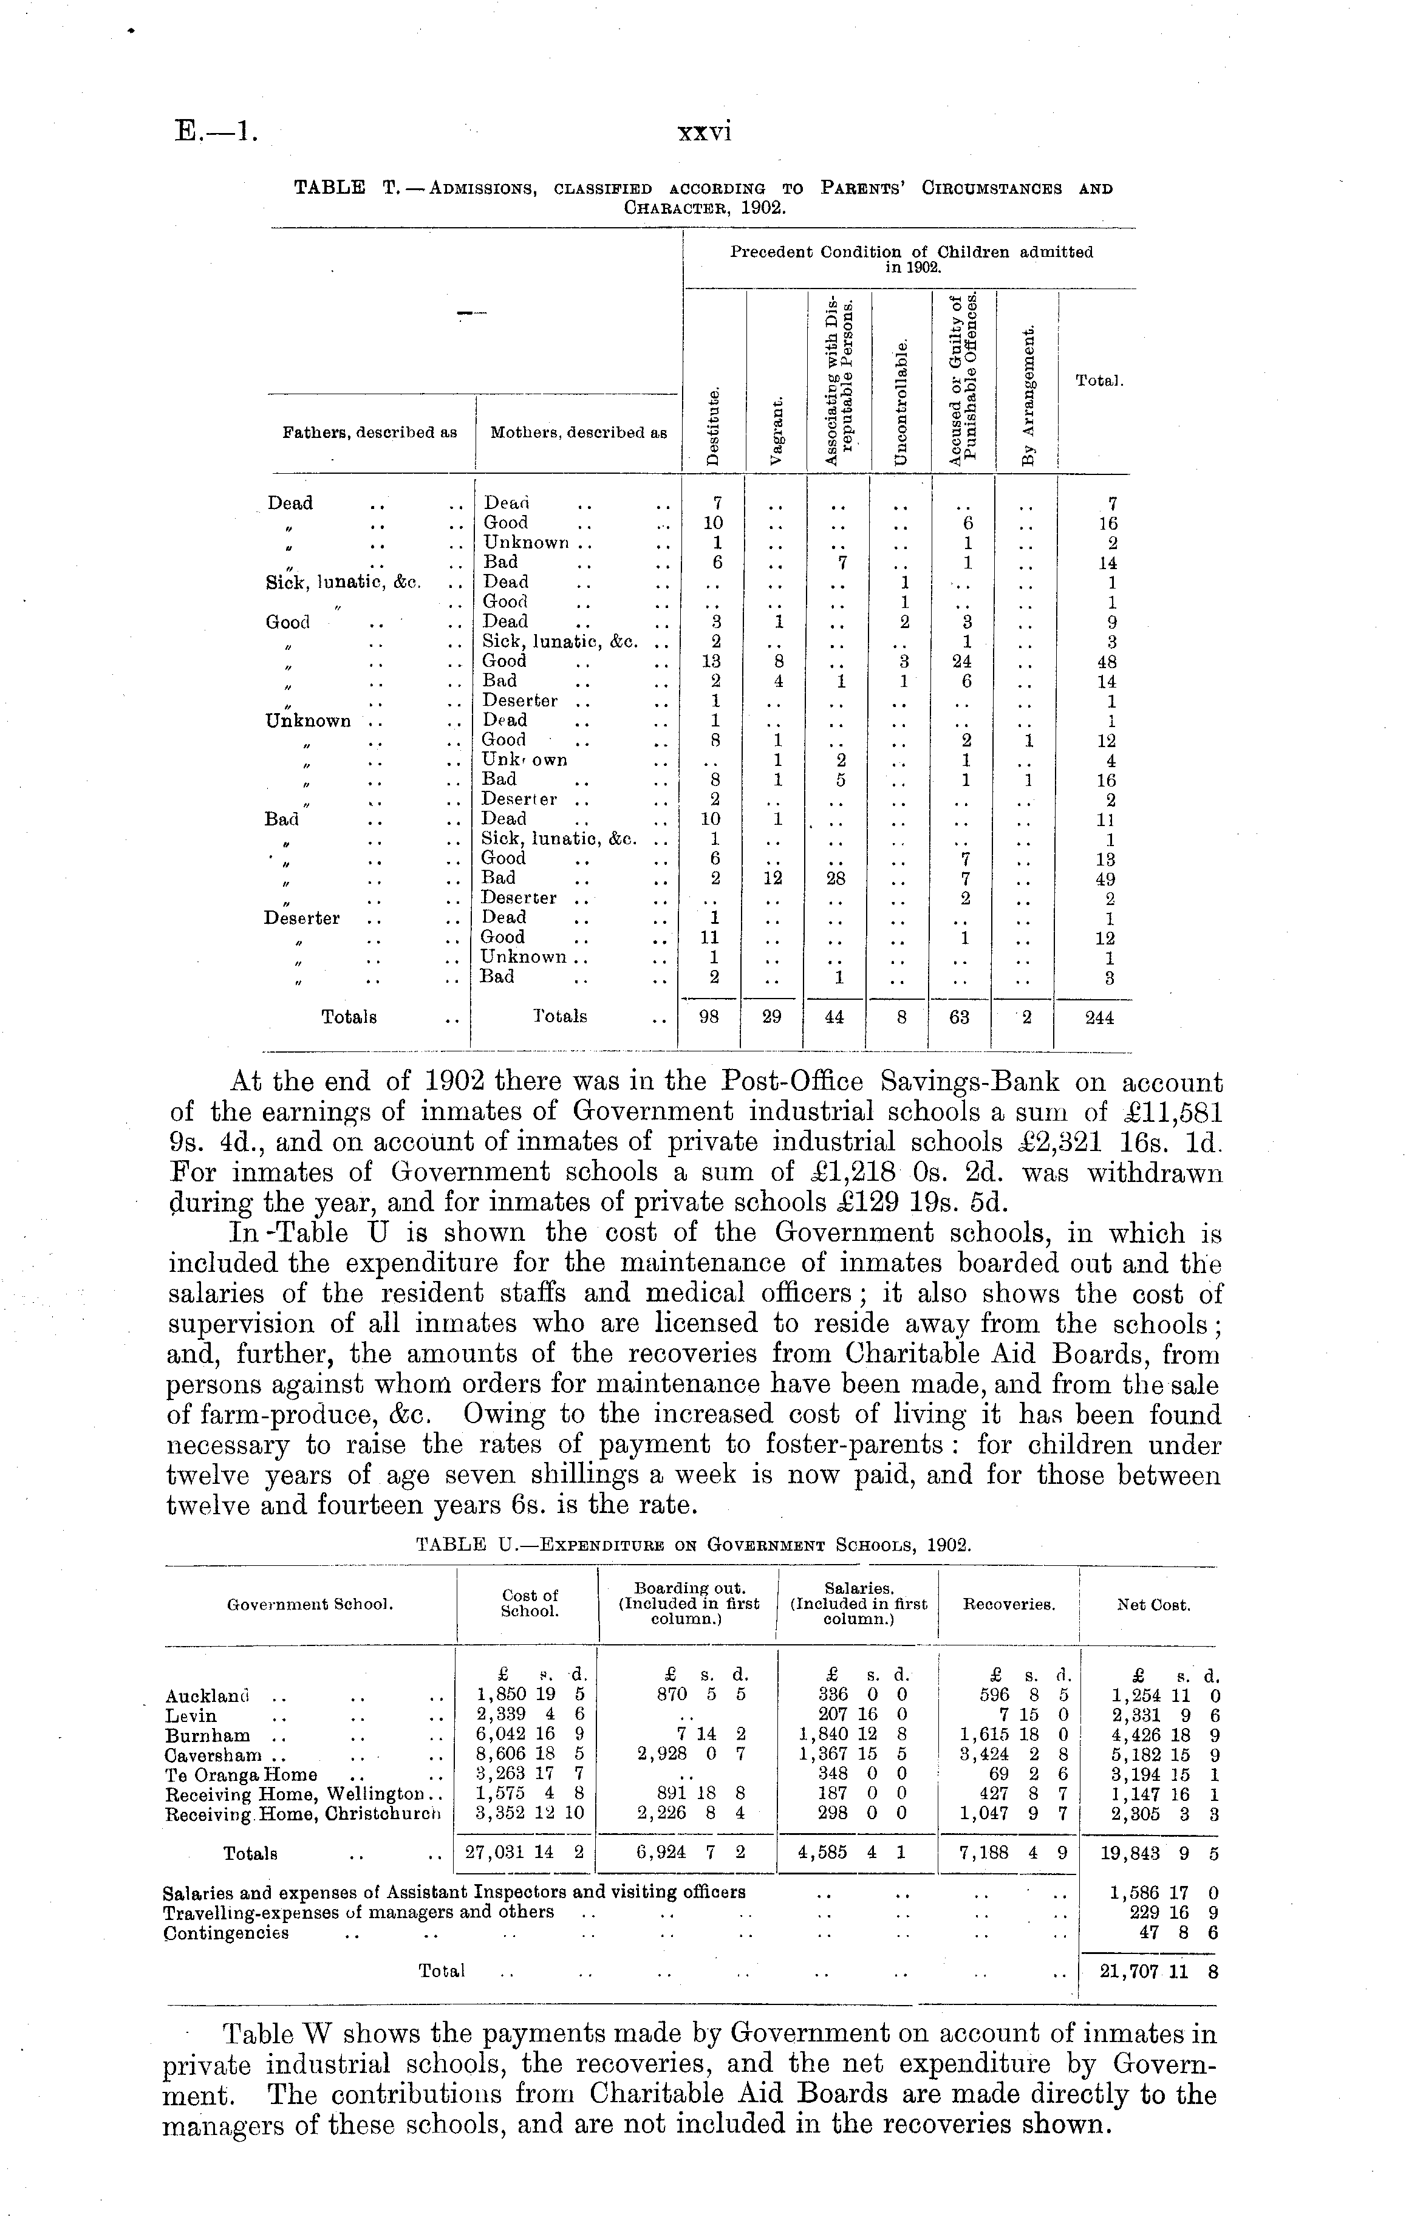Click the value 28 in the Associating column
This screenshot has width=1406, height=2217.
coord(837,878)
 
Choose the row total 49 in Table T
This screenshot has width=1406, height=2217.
coord(1107,878)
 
